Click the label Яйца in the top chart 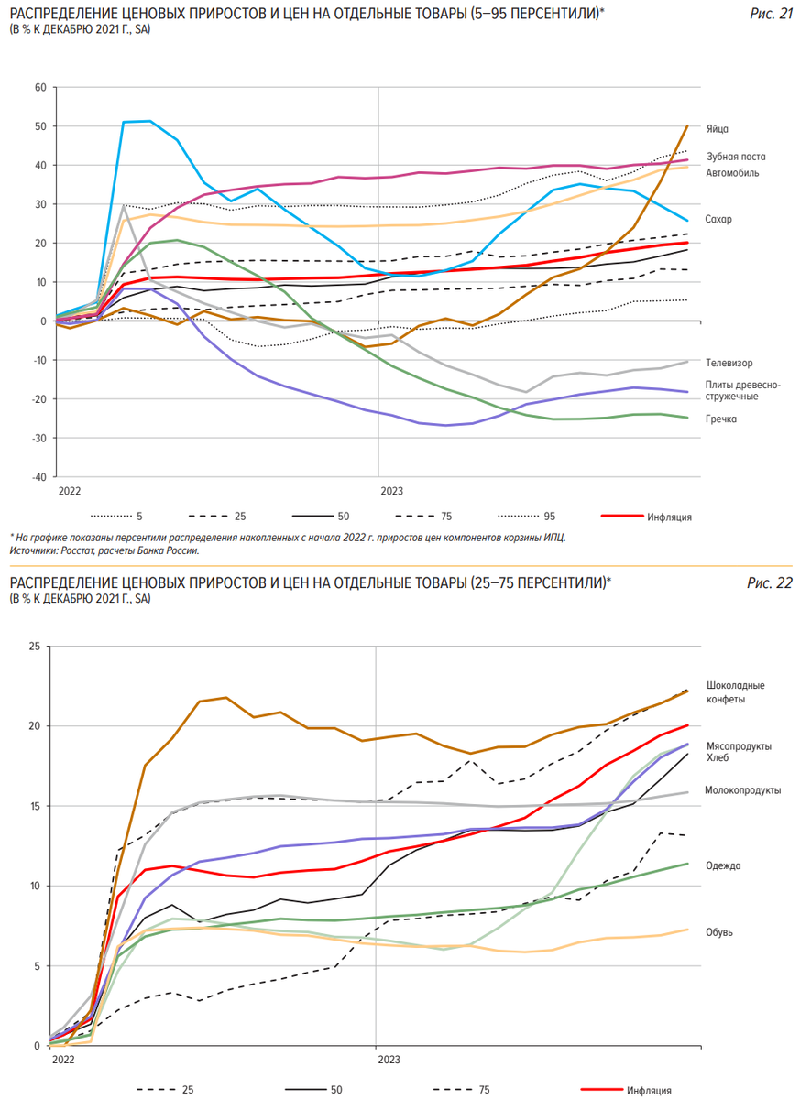[x=718, y=129]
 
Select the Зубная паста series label [x=736, y=157]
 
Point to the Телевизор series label [x=730, y=364]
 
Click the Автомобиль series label [x=732, y=172]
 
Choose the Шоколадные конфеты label [x=737, y=692]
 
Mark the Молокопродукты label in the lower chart [x=742, y=789]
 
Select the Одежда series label [x=724, y=865]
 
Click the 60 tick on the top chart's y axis [x=39, y=88]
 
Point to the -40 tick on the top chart [x=38, y=477]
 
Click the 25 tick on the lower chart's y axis [x=35, y=647]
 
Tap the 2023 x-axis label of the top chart [x=391, y=491]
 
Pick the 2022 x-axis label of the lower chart [x=64, y=1060]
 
